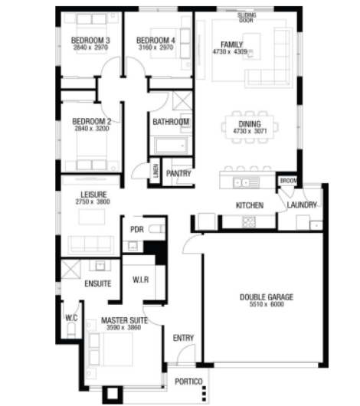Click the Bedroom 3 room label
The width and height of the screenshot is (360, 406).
pos(90,41)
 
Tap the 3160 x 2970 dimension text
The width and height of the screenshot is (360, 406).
pos(155,47)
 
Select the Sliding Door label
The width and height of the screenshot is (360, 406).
pos(247,18)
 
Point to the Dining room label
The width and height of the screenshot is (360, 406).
pos(250,124)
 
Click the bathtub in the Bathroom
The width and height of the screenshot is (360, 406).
pos(172,146)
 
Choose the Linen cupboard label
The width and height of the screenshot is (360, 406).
pos(155,171)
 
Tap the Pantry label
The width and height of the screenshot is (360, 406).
pos(178,173)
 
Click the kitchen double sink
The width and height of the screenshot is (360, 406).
pos(241,183)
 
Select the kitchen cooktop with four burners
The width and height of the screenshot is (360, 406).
pos(249,222)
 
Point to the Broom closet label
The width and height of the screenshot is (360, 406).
pos(288,181)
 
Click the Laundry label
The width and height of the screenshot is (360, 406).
pos(302,205)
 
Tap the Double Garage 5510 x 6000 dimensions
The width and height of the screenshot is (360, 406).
pos(267,304)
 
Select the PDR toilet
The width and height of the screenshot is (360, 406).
pos(157,229)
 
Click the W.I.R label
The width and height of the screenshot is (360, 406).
pos(141,280)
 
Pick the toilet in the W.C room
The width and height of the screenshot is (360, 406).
pos(71,331)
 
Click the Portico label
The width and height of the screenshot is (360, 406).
pos(188,381)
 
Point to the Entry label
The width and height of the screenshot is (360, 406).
pos(183,338)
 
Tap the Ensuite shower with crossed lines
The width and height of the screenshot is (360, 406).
pos(70,270)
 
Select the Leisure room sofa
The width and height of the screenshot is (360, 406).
pos(91,245)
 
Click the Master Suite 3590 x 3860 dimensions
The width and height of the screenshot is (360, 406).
pos(124,328)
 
